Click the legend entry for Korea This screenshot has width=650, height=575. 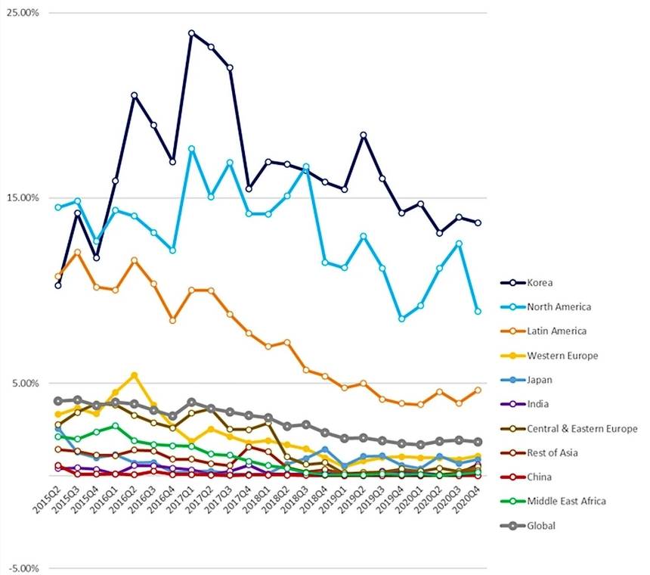click(541, 283)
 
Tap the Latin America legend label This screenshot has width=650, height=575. click(556, 331)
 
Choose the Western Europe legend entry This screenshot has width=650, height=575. click(562, 356)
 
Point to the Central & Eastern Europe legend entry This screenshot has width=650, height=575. click(582, 429)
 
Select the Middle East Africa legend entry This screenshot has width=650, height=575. click(566, 501)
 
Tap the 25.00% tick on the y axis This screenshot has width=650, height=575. click(22, 13)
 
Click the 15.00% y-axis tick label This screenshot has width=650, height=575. click(22, 197)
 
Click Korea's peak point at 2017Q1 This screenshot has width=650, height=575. click(191, 33)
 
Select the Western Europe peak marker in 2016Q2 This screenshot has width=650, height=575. click(135, 375)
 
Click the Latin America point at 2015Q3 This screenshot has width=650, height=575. click(77, 252)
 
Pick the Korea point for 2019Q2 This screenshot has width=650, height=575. click(364, 135)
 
